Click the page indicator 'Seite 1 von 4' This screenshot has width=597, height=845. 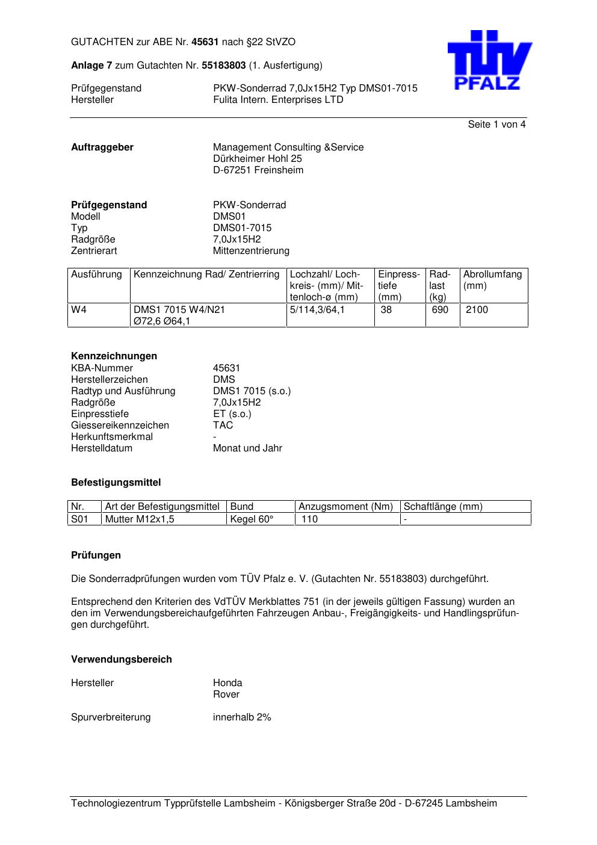pos(496,125)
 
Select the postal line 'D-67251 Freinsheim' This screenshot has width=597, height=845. pos(258,170)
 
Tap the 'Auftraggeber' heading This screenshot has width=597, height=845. pos(102,147)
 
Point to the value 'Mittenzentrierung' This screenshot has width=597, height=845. pos(251,251)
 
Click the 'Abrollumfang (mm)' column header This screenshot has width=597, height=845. pos(492,280)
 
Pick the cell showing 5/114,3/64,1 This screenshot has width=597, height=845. pos(317,310)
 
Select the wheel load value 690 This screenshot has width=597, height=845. pos(441,310)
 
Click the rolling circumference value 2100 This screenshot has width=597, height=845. pos(477,310)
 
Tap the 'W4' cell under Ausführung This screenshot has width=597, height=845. pos(78,310)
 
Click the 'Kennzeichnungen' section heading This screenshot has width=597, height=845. pos(114,356)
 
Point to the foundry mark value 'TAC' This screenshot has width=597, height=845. pos(223,426)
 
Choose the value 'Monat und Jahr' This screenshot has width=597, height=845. pos(247,448)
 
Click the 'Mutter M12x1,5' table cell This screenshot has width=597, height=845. pos(140,519)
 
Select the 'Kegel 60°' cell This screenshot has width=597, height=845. pos(252,519)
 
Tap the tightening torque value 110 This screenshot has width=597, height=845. pos(309,519)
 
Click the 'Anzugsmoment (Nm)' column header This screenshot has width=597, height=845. pos(345,507)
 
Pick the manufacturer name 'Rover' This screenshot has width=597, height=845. pos(226,695)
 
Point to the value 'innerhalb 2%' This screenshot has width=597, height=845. pos(242,717)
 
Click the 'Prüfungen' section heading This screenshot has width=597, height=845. pos(96,556)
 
